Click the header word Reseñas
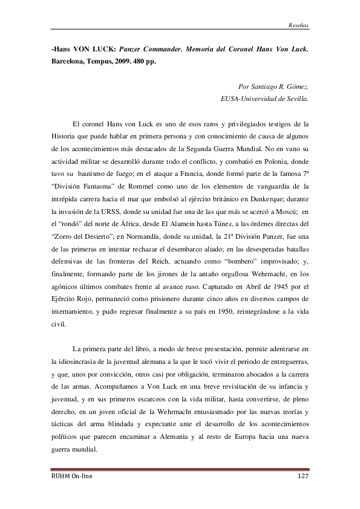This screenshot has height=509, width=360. click(298, 25)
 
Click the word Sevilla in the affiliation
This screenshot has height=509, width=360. click(296, 97)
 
